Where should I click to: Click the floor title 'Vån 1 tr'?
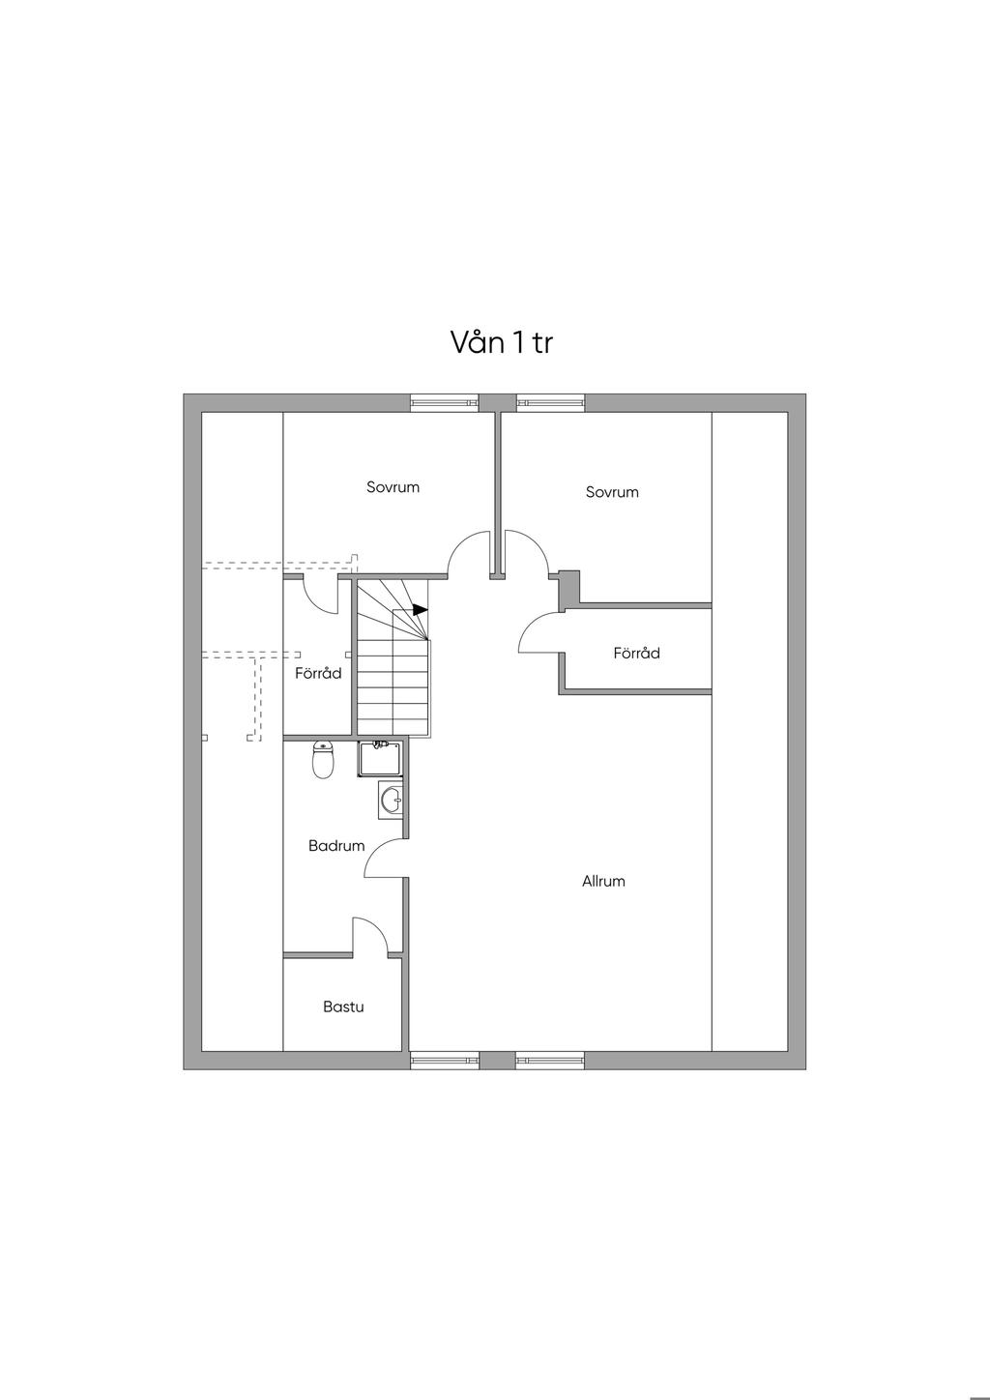(x=501, y=342)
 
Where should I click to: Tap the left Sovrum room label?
(x=393, y=487)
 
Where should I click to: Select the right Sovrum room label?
(x=612, y=492)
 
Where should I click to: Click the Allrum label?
(x=603, y=882)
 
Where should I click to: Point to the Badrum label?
(x=336, y=846)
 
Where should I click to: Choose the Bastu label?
(x=343, y=1007)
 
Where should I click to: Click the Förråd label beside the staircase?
(x=318, y=674)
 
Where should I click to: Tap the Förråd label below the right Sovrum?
(x=636, y=654)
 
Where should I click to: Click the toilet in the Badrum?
(x=323, y=761)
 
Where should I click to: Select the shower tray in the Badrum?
(x=380, y=760)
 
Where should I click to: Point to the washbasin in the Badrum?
(x=391, y=801)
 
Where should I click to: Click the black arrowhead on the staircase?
(x=420, y=610)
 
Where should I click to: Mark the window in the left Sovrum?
(x=445, y=403)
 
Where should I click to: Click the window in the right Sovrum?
(x=550, y=403)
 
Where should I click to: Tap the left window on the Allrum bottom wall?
(x=445, y=1061)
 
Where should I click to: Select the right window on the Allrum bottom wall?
(x=549, y=1061)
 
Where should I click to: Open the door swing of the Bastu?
(x=370, y=936)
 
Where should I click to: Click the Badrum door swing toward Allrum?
(x=385, y=859)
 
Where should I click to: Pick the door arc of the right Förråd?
(x=539, y=635)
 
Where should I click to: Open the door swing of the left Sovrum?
(x=467, y=553)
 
